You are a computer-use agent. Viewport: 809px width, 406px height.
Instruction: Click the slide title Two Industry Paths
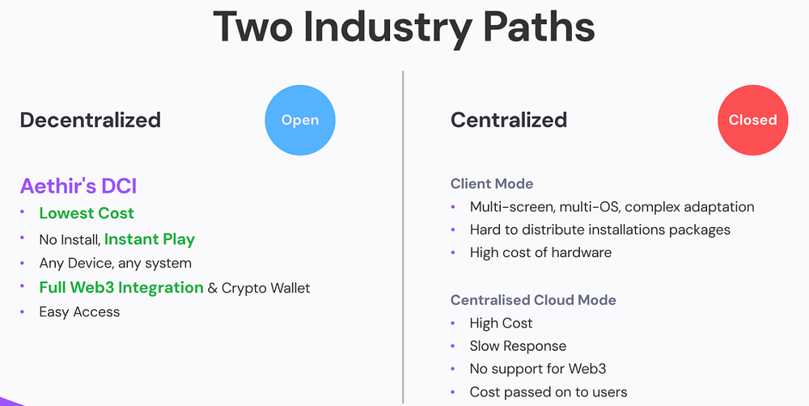point(404,27)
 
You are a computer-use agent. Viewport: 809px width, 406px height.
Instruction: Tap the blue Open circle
point(300,121)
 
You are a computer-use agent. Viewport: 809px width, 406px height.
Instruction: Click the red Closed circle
point(752,121)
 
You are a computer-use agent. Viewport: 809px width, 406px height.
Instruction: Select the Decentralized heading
point(91,120)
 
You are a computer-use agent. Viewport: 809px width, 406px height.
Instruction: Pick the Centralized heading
point(509,120)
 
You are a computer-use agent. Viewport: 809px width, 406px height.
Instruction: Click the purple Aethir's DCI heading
point(78,186)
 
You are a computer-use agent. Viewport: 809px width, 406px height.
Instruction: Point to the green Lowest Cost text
point(87,213)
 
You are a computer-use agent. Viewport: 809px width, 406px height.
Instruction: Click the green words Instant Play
point(150,239)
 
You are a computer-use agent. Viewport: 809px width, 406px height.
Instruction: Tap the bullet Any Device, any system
point(115,263)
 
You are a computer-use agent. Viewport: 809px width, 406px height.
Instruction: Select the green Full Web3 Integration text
point(121,287)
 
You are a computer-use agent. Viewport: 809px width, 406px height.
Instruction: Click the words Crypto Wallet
point(265,288)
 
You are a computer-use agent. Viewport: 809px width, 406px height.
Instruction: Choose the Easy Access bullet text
point(79,311)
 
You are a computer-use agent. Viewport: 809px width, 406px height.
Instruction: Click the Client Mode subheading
point(492,184)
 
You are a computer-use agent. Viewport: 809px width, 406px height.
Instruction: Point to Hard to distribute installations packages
point(600,230)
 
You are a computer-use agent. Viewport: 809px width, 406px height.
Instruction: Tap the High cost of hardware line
point(540,253)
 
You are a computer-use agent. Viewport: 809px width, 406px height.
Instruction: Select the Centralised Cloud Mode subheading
point(533,300)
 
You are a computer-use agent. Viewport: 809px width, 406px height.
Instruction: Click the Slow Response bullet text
point(518,346)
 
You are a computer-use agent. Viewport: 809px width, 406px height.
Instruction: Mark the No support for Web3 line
point(538,369)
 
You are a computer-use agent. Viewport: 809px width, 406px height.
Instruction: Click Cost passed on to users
point(549,392)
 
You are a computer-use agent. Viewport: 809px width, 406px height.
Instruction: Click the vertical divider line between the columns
point(403,237)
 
